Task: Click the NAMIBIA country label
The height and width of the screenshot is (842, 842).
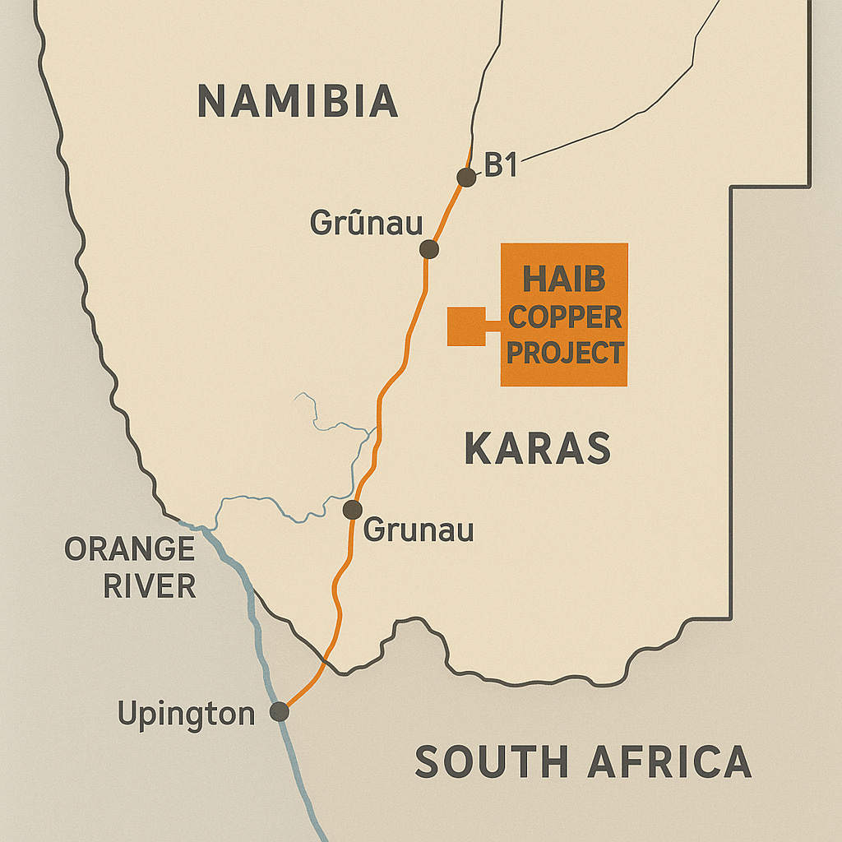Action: (x=298, y=101)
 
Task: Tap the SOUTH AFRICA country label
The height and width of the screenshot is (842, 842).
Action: (x=582, y=761)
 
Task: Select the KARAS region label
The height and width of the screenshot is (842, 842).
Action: (x=538, y=448)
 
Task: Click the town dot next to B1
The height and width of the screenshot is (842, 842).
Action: (x=466, y=177)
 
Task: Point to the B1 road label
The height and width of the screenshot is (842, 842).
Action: (x=500, y=165)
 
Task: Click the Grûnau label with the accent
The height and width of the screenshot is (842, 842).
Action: (x=366, y=223)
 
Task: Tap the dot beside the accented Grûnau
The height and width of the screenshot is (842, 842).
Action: (x=428, y=249)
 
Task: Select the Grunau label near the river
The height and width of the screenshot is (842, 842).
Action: (x=419, y=530)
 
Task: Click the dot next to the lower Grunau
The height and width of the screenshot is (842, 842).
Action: (x=353, y=510)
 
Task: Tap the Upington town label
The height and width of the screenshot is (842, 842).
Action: (x=186, y=713)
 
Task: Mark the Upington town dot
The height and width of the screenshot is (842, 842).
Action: (x=280, y=712)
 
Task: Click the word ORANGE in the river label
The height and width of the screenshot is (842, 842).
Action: (x=129, y=549)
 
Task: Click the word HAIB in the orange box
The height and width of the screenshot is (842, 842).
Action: (x=564, y=280)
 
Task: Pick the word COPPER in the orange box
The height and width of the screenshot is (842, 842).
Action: (x=564, y=317)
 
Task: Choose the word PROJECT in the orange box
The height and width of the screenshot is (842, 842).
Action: (x=564, y=353)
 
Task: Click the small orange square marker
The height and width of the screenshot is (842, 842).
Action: (x=465, y=326)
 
